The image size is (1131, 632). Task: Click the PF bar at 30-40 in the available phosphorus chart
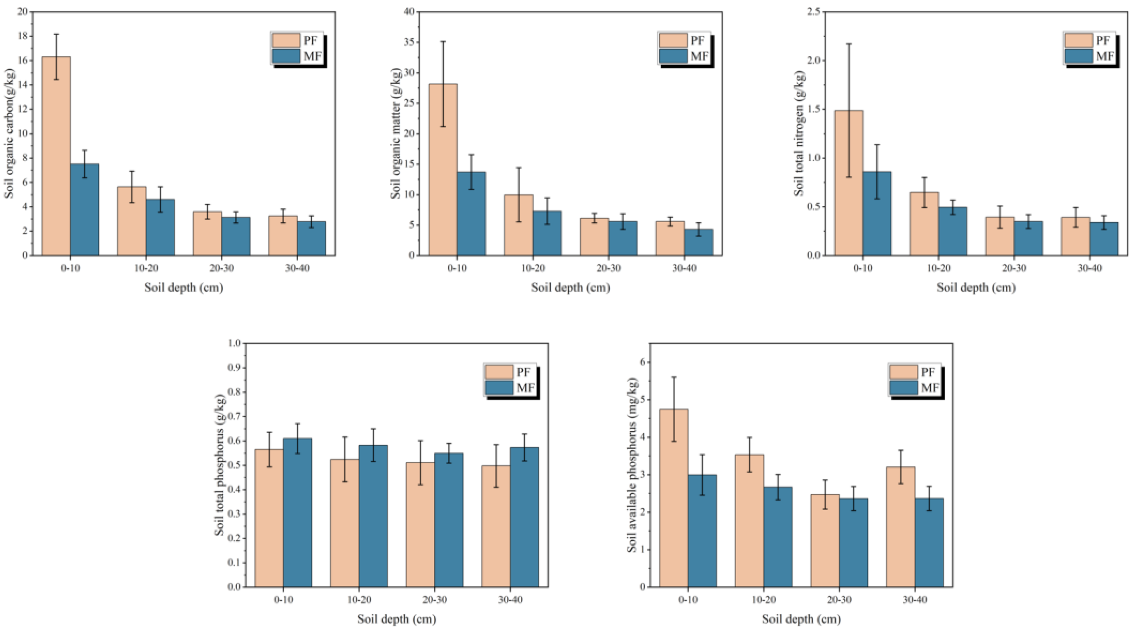click(901, 527)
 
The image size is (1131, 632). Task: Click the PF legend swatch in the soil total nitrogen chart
click(1078, 40)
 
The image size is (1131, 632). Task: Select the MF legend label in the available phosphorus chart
click(929, 388)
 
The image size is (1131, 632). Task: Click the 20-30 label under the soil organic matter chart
click(608, 268)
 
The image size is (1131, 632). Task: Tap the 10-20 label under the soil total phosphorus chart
click(359, 600)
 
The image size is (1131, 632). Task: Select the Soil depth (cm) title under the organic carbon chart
click(184, 288)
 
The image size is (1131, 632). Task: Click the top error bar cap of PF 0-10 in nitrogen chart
click(849, 44)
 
